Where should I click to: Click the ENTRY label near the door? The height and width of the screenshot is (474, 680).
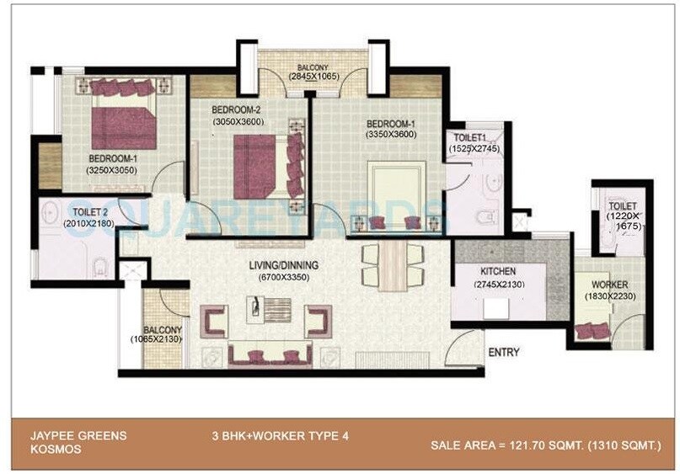click(x=504, y=352)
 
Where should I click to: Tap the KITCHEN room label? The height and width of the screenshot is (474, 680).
click(x=498, y=272)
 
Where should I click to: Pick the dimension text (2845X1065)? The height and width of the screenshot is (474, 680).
click(x=313, y=77)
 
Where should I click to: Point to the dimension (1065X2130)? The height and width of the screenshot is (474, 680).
click(x=157, y=339)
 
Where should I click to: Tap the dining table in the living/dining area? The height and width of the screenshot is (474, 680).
click(x=393, y=266)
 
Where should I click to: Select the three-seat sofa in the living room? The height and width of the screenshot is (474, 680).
click(x=270, y=354)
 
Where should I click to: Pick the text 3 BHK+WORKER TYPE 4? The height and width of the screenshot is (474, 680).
click(x=281, y=435)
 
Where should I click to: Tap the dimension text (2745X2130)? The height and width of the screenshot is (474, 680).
click(x=499, y=285)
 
